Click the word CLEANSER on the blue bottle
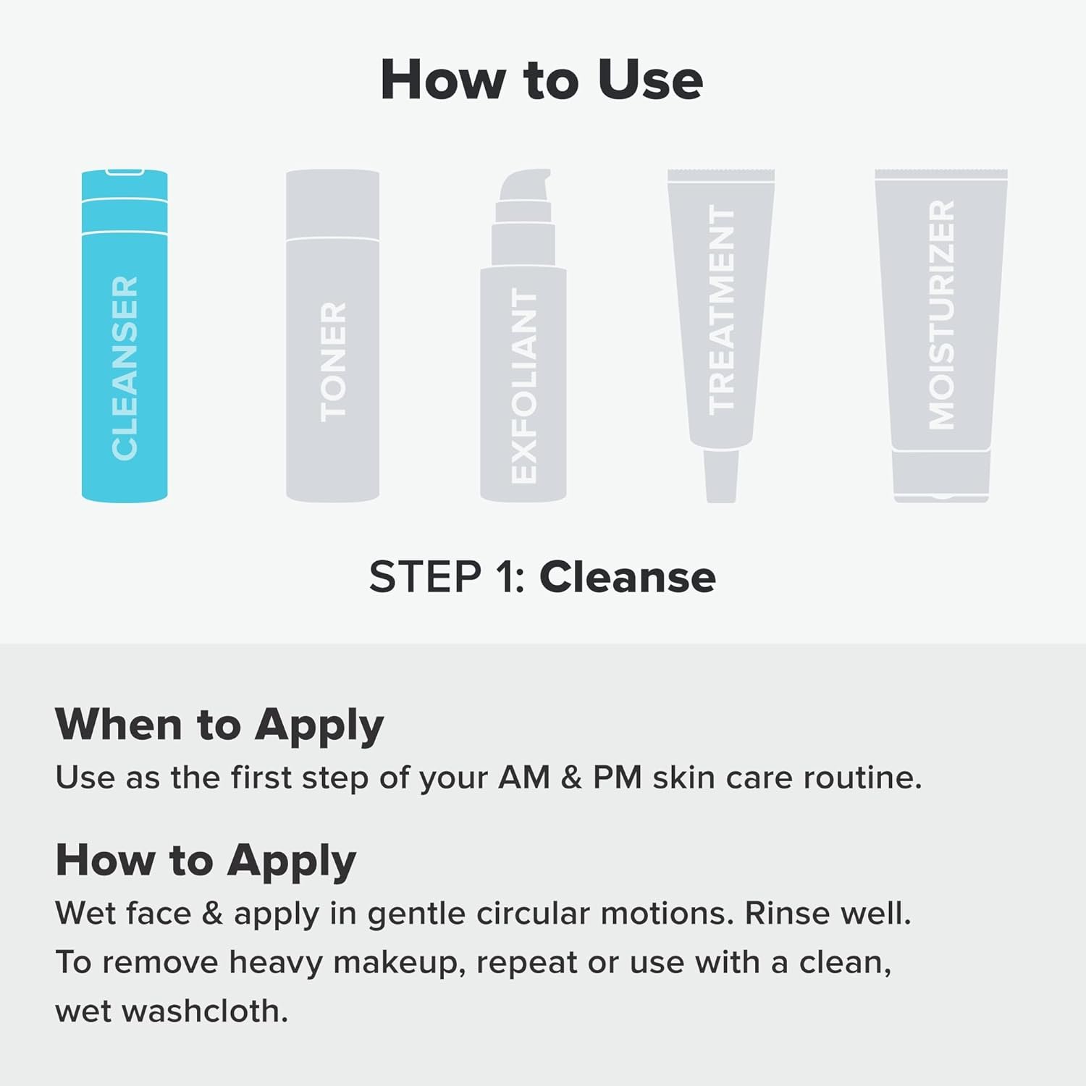(x=125, y=367)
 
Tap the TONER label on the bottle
(x=333, y=362)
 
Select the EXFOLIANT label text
(x=523, y=385)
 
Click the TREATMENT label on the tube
(x=721, y=310)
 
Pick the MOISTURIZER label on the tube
(x=941, y=315)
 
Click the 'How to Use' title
(x=542, y=80)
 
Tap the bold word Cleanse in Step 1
(x=627, y=577)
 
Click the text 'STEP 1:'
(x=447, y=577)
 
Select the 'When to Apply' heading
(x=219, y=725)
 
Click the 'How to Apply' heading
(x=206, y=861)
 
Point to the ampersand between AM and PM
(x=571, y=778)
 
